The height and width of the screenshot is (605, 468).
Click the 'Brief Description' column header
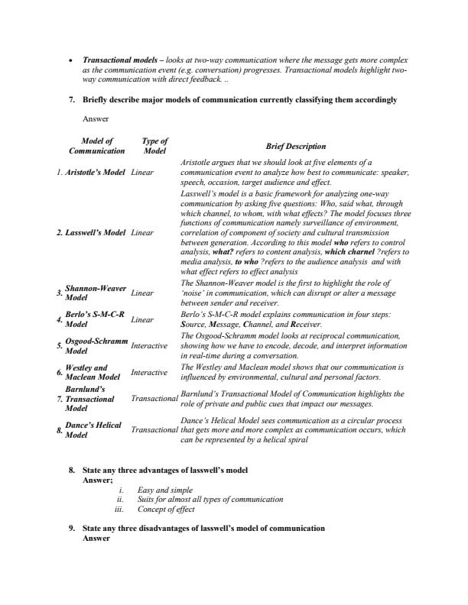[295, 146]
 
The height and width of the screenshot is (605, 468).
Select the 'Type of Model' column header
[154, 146]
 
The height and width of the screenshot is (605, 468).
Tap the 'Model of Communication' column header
[97, 146]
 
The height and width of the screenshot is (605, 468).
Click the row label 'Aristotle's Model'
[95, 173]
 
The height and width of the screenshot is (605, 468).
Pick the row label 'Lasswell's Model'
[95, 231]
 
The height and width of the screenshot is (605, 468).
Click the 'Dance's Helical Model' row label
[93, 430]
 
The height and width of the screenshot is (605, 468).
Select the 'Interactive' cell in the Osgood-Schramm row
[149, 346]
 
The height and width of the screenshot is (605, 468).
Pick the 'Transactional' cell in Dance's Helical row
[154, 430]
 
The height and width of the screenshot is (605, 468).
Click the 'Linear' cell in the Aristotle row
[142, 173]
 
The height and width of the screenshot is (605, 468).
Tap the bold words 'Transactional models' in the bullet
[119, 60]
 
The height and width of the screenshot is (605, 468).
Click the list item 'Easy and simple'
[164, 490]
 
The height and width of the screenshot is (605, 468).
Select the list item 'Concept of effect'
[166, 509]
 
